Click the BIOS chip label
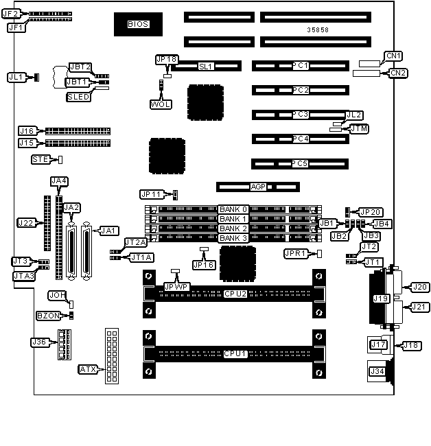[x=137, y=25]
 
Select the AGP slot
[x=258, y=186]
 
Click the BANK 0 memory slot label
[x=233, y=209]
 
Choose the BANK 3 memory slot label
[x=233, y=237]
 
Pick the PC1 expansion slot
[x=300, y=66]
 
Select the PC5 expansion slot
[x=300, y=163]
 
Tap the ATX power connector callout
[x=88, y=369]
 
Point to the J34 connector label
[x=377, y=371]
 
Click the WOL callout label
[x=161, y=104]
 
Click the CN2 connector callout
[x=398, y=72]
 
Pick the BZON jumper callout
[x=47, y=316]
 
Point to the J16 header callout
[x=27, y=130]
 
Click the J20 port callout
[x=419, y=287]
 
